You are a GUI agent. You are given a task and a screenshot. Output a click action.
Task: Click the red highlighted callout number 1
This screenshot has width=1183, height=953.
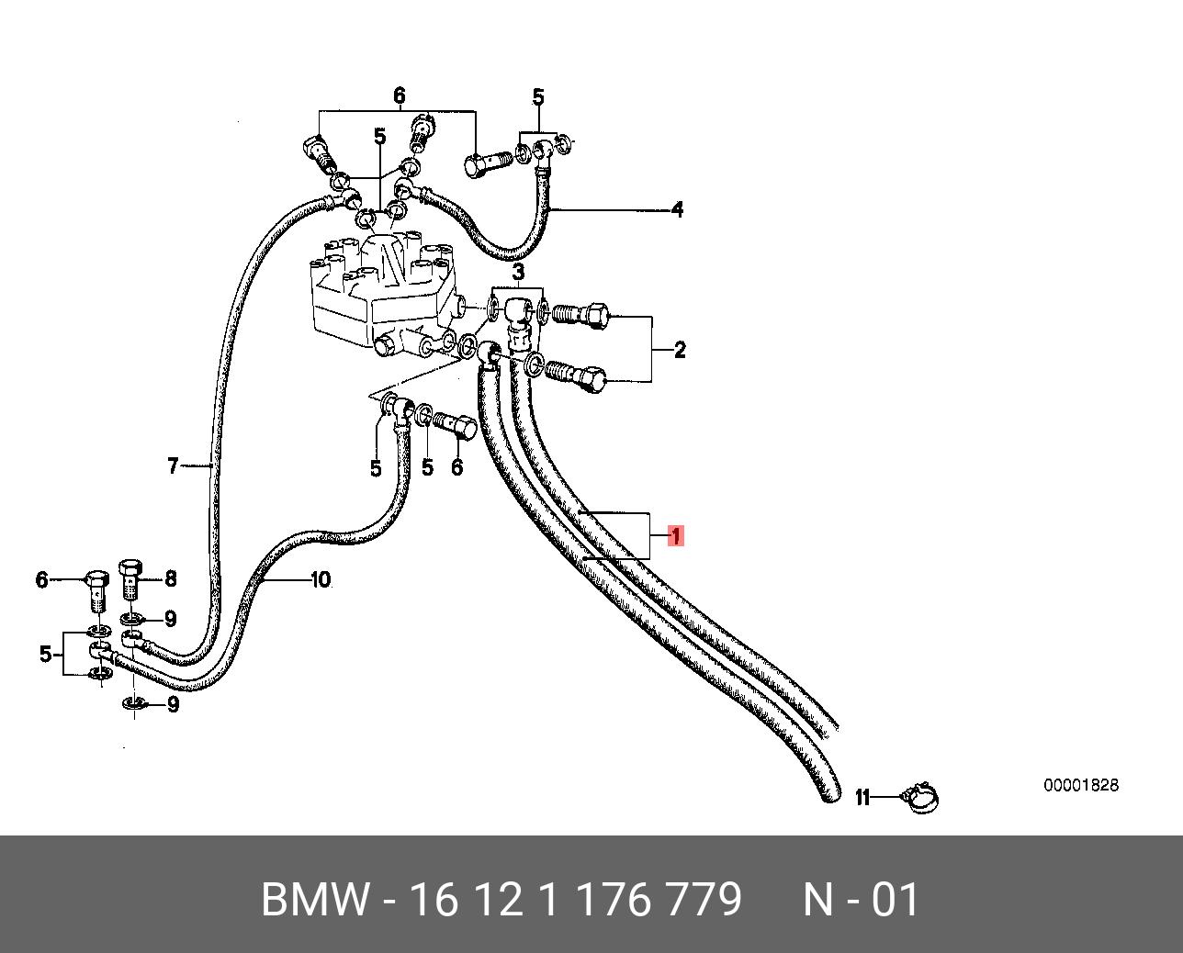[676, 536]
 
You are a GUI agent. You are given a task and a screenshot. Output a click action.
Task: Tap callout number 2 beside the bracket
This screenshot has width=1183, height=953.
[680, 350]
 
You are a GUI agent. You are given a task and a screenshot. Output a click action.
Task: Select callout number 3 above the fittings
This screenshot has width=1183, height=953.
[518, 272]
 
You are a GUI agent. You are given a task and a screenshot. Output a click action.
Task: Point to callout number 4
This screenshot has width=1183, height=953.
[678, 209]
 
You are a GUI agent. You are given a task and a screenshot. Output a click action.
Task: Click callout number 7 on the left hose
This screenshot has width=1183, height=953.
[174, 466]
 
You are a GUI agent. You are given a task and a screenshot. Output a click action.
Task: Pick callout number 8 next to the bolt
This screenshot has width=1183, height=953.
[171, 578]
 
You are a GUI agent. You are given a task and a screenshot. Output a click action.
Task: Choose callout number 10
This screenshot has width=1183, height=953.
[321, 579]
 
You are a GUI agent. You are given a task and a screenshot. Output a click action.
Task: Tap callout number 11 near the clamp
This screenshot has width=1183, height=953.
[862, 797]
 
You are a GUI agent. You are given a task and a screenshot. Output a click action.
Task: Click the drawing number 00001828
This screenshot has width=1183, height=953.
[1081, 785]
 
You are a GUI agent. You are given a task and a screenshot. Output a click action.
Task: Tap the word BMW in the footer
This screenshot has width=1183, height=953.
[314, 901]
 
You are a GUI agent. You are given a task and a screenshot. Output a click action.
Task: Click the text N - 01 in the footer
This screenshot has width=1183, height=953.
[861, 901]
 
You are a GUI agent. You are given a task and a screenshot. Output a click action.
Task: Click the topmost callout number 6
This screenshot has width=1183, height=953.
[400, 95]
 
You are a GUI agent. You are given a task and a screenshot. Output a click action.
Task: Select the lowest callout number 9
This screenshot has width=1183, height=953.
[174, 704]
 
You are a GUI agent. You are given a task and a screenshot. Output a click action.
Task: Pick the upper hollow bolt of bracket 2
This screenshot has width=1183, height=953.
[580, 316]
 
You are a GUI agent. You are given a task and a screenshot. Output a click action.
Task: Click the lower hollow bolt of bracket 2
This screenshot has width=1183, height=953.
[577, 375]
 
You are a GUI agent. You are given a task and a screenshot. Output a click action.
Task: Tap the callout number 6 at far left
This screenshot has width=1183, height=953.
[41, 580]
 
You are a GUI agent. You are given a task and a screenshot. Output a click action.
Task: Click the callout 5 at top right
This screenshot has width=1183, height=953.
[538, 97]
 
